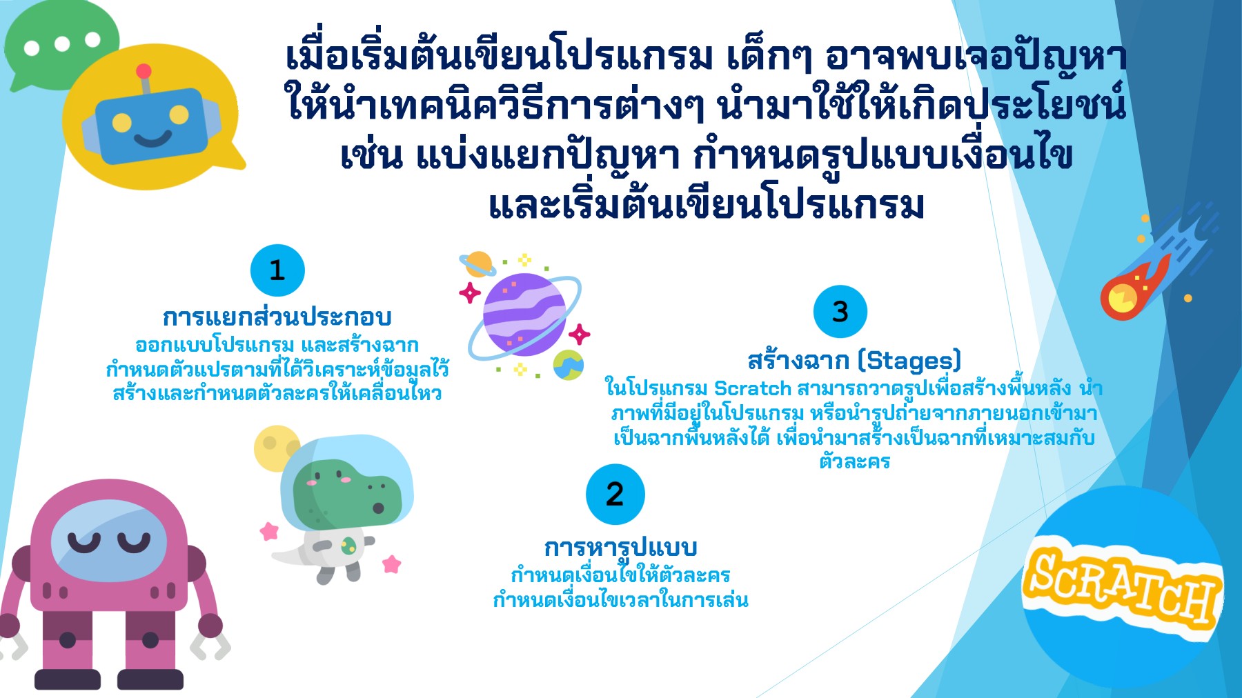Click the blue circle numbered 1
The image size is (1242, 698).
[x=277, y=270]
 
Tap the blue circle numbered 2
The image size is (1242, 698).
[x=615, y=495]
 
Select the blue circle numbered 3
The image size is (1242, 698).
[x=840, y=312]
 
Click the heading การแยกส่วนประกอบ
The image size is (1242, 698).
[x=277, y=317]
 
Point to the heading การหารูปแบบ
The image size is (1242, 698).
[x=620, y=548]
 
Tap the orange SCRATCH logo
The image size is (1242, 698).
[x=1121, y=586]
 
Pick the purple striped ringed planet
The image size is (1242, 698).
[x=524, y=315]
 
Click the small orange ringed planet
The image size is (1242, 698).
[x=477, y=264]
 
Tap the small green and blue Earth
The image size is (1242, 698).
[x=568, y=365]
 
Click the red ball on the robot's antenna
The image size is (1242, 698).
[x=144, y=71]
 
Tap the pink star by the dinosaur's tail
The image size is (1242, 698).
[x=268, y=531]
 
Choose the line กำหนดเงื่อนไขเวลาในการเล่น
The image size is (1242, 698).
[x=620, y=600]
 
